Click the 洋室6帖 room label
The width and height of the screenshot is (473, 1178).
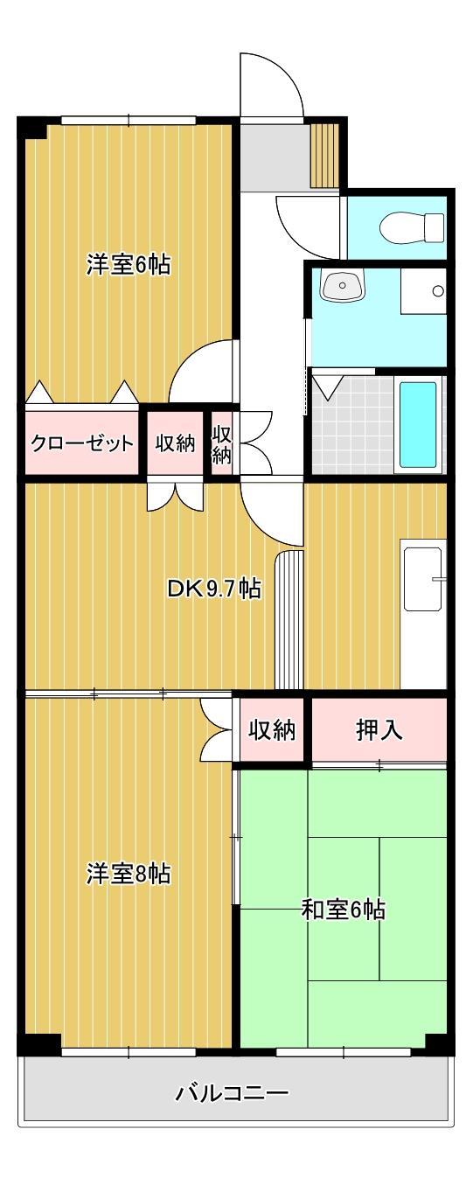click(x=128, y=263)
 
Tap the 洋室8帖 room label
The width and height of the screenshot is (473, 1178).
click(x=128, y=873)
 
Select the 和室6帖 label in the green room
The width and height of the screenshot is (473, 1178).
click(x=343, y=910)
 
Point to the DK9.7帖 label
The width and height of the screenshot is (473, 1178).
click(x=213, y=588)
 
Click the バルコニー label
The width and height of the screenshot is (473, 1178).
click(x=232, y=1092)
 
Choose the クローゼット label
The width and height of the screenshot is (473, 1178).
click(x=82, y=443)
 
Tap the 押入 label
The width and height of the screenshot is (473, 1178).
click(x=379, y=730)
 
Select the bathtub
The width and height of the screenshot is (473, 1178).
click(x=418, y=424)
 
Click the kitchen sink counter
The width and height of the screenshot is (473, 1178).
click(x=423, y=577)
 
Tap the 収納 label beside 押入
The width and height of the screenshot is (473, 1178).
click(x=271, y=730)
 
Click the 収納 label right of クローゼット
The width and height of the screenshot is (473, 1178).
click(x=175, y=443)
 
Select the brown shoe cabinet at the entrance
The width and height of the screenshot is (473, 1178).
click(x=324, y=154)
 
